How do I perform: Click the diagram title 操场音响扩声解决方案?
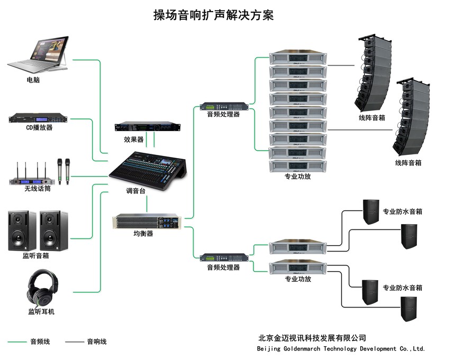[213, 15]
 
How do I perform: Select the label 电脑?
[33, 80]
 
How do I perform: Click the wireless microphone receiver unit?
[31, 174]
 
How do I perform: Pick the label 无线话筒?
[37, 189]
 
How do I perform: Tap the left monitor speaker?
[22, 230]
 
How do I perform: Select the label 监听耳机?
[41, 312]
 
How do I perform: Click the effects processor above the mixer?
[148, 127]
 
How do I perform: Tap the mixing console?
[147, 167]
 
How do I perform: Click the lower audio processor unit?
[224, 257]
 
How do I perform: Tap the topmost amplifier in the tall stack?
[297, 57]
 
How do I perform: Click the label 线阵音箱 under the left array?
[371, 118]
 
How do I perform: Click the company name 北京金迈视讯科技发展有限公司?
[312, 338]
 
